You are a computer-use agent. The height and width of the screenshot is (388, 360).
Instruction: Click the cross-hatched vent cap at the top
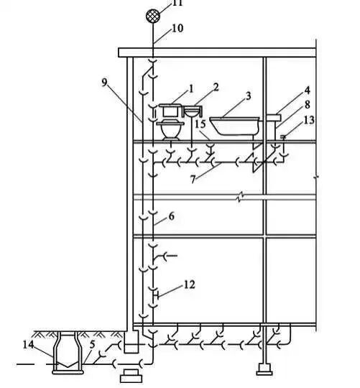click(152, 16)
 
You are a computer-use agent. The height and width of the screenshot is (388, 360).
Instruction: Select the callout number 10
click(177, 28)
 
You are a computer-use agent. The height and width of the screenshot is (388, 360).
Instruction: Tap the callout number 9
click(105, 83)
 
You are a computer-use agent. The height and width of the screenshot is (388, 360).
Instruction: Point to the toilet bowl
click(171, 131)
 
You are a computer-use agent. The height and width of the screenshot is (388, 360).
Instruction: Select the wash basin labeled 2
click(193, 112)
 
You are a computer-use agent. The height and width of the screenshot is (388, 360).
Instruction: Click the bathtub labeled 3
click(234, 126)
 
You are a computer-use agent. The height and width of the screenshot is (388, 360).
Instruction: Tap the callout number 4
click(307, 91)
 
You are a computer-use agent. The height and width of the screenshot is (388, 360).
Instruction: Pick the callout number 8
click(308, 104)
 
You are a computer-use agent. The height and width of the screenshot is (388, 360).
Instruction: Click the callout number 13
click(309, 120)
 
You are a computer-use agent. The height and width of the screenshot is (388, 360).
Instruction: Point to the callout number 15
click(200, 124)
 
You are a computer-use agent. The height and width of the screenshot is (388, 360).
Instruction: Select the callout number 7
click(193, 180)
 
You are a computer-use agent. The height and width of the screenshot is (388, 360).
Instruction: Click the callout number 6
click(172, 216)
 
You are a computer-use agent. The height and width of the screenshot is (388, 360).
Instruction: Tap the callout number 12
click(189, 285)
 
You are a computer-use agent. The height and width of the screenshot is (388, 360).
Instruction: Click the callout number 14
click(29, 344)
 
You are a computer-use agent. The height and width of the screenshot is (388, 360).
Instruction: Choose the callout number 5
click(92, 344)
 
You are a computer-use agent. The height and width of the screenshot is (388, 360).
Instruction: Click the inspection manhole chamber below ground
click(68, 353)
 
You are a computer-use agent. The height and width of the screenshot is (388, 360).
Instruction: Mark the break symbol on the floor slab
click(240, 197)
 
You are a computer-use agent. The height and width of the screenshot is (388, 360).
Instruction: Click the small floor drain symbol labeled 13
click(283, 137)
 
